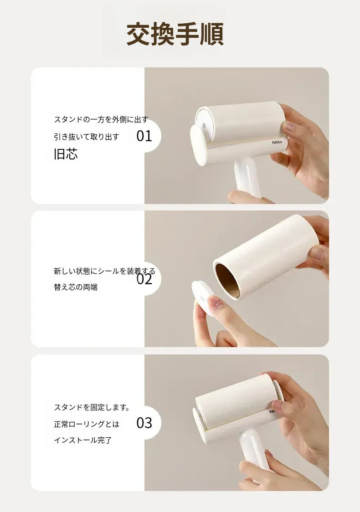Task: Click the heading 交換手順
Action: (175, 34)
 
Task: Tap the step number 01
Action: (144, 136)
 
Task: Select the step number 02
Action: (144, 279)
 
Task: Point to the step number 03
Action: (144, 423)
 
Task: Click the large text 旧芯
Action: (66, 154)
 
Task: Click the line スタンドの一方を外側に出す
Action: (101, 119)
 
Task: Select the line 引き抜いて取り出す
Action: (87, 137)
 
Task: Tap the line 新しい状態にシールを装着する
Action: (104, 271)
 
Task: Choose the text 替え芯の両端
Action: (76, 287)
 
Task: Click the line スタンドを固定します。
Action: (92, 408)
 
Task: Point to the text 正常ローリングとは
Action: (87, 424)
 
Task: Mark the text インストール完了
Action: (83, 440)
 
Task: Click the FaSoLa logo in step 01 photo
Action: (278, 143)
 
